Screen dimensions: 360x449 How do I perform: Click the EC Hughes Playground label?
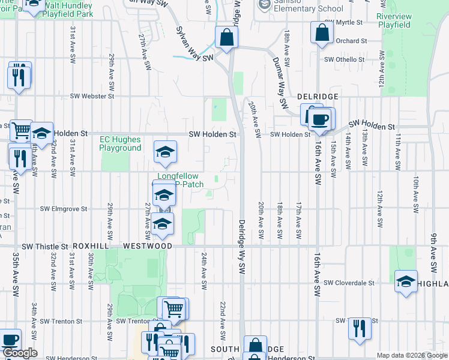coord(120,144)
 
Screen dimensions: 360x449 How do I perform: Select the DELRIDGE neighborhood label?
coord(318,96)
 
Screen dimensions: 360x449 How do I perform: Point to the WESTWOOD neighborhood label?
coord(148,246)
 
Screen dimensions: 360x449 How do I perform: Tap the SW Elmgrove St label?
coord(64,209)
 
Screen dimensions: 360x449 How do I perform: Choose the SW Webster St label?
coord(92,96)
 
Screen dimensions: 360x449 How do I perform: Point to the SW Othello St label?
coord(345,59)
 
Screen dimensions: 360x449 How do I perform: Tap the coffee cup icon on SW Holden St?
coord(320,119)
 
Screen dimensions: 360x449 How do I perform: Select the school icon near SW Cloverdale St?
coord(406,281)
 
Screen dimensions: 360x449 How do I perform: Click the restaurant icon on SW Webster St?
coord(19,76)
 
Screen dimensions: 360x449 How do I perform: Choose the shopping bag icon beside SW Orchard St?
coord(321,33)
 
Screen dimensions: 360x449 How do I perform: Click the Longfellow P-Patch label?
coord(181,180)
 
